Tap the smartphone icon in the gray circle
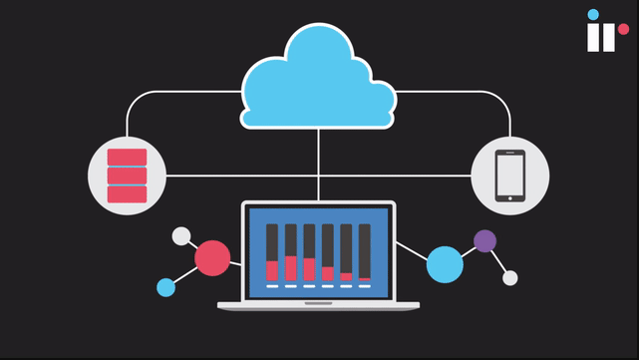[x=509, y=177]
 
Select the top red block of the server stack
[x=127, y=158]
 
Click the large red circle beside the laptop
[x=212, y=258]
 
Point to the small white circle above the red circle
[x=180, y=236]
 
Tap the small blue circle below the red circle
[x=166, y=287]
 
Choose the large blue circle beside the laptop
[x=445, y=264]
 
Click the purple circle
[x=484, y=240]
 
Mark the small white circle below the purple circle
[x=510, y=278]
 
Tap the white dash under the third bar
[x=309, y=287]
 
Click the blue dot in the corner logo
[x=593, y=15]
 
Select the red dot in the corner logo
[x=623, y=30]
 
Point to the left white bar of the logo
[x=593, y=38]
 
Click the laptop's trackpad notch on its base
[x=319, y=303]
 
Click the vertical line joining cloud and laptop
[x=319, y=165]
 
